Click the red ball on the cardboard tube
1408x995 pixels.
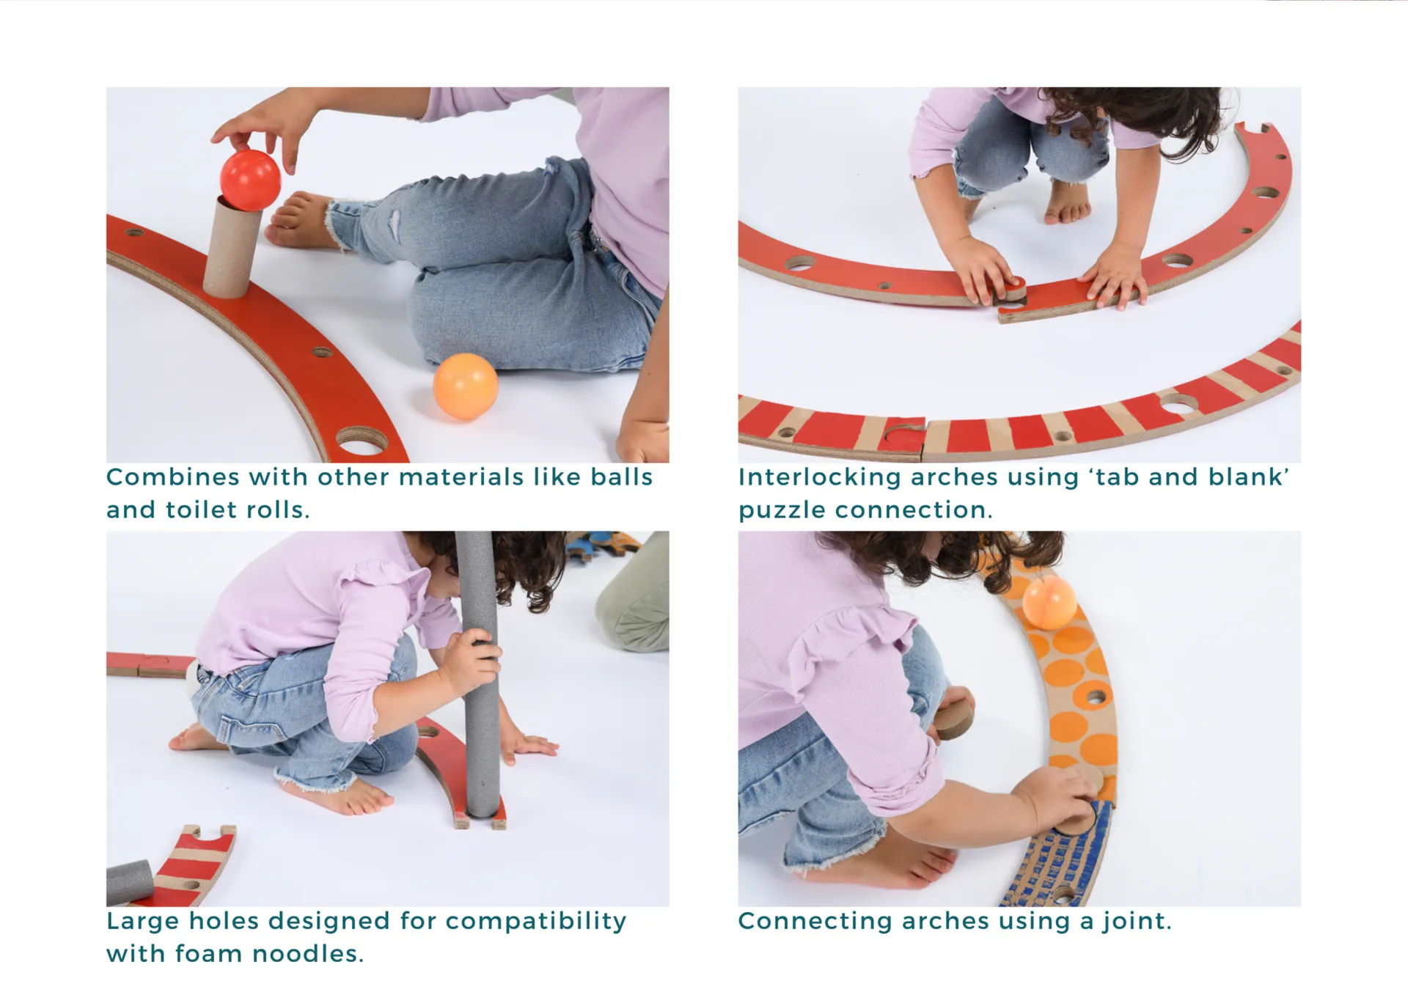coord(250,180)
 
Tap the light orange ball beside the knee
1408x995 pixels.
coord(466,386)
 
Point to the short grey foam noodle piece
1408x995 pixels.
coord(130,883)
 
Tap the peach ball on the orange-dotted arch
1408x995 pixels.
coord(1049,601)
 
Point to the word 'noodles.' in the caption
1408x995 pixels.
coord(308,953)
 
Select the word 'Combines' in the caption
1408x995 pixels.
coord(173,477)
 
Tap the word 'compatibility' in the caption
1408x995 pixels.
coord(536,922)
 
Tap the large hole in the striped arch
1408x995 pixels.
coord(1178,403)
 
